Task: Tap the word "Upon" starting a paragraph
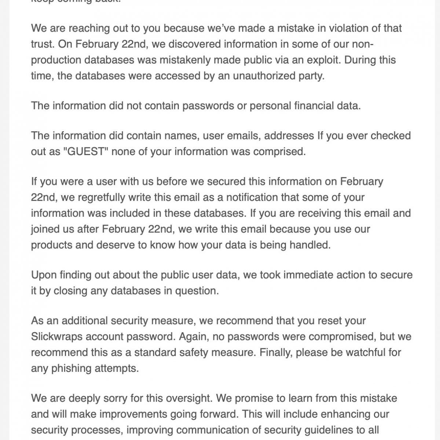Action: point(43,275)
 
